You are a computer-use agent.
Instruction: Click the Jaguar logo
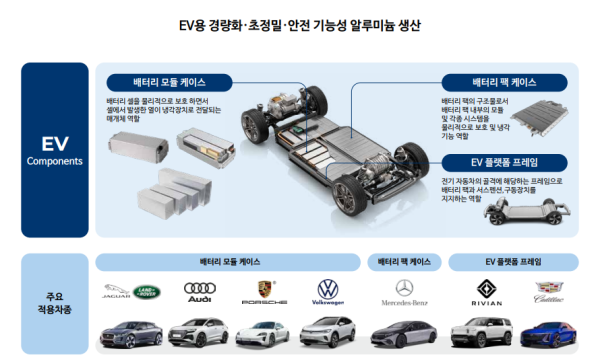(117, 293)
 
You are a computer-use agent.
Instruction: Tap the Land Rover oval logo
(148, 292)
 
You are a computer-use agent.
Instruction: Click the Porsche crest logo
(265, 291)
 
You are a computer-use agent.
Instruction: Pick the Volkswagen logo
(328, 292)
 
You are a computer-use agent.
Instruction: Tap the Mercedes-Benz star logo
(404, 292)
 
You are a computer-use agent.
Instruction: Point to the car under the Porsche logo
(265, 332)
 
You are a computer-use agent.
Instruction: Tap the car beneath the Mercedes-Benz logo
(404, 334)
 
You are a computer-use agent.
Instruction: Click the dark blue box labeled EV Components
(54, 150)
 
